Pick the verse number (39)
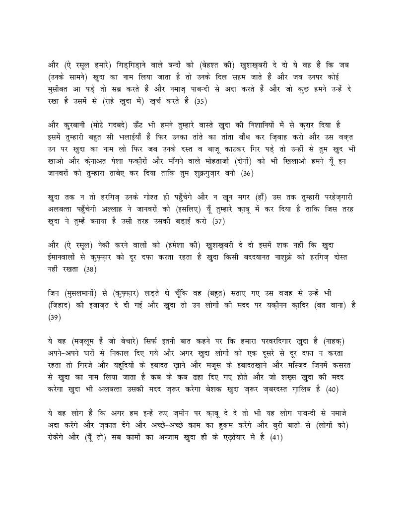[x=54, y=318]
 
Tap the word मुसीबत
[x=63, y=89]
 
